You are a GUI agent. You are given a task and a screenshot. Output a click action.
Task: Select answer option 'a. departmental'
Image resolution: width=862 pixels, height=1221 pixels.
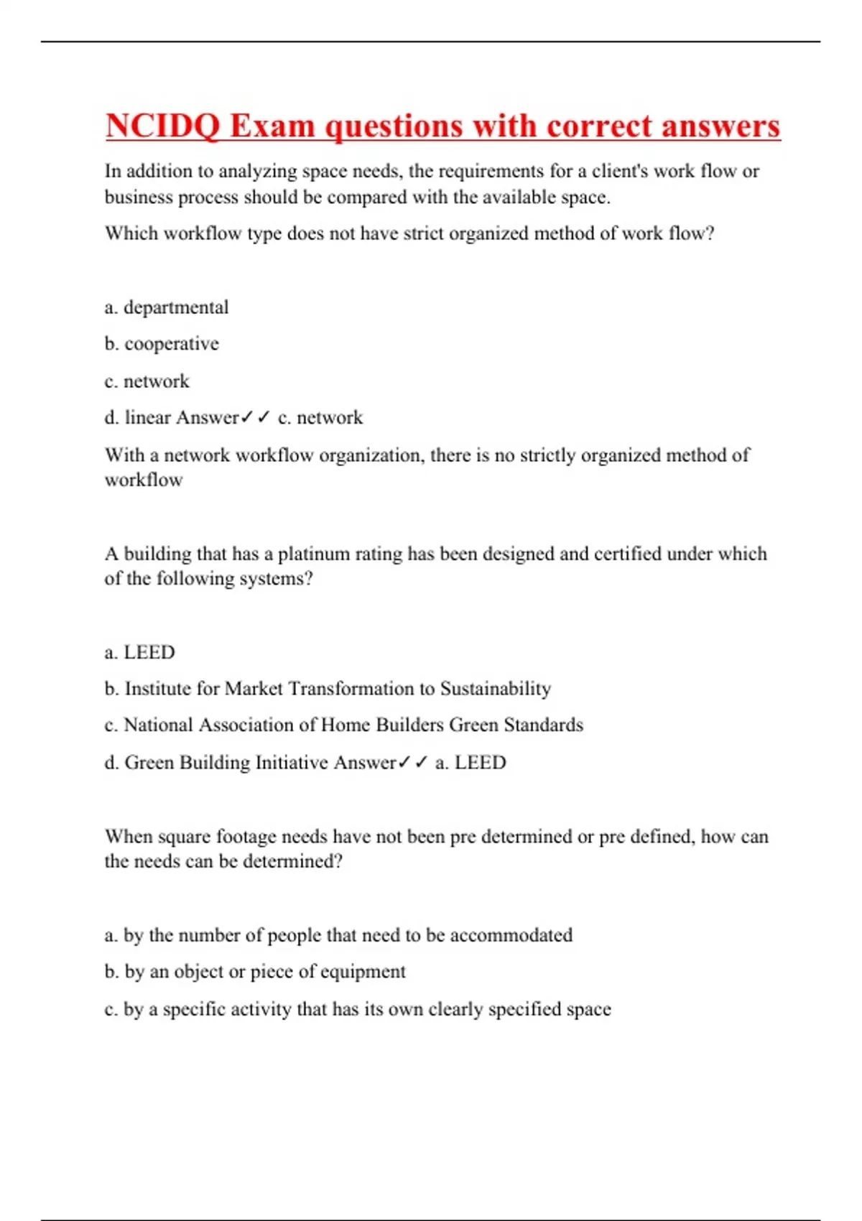coord(167,307)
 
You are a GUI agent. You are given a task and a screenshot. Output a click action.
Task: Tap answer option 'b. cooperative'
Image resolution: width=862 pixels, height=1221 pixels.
coord(162,344)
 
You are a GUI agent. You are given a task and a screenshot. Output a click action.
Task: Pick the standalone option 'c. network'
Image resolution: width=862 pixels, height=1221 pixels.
coord(147,381)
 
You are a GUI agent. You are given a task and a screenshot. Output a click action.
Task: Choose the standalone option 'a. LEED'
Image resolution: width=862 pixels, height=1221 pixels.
coord(140,652)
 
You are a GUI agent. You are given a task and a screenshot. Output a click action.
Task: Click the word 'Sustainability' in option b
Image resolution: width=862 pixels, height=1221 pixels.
coord(496,689)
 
